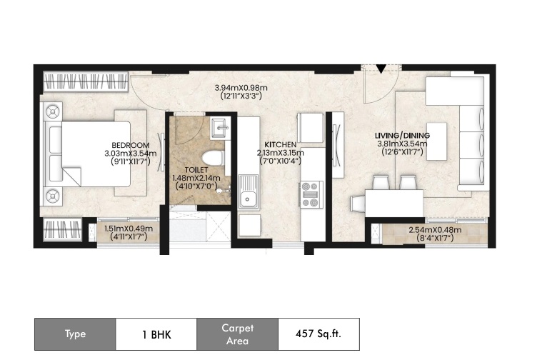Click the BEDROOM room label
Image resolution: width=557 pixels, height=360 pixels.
click(x=131, y=145)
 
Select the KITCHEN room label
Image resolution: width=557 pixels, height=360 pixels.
click(x=280, y=144)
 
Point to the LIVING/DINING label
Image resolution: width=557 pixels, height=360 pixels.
click(x=403, y=136)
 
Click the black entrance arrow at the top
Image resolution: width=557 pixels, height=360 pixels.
click(x=381, y=69)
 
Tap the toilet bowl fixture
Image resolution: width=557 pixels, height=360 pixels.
click(x=212, y=158)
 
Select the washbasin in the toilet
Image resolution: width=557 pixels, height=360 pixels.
click(x=219, y=128)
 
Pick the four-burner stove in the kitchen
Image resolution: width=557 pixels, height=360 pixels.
click(x=311, y=194)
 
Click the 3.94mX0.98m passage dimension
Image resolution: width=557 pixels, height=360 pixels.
click(x=241, y=88)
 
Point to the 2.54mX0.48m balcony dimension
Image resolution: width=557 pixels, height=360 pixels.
click(x=435, y=230)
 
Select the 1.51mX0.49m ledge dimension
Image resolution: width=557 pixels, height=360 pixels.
click(x=129, y=229)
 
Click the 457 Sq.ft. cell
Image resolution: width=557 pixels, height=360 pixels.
click(x=318, y=334)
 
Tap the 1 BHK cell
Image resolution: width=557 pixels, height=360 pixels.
click(x=156, y=334)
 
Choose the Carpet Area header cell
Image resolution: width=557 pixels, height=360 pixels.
click(x=237, y=334)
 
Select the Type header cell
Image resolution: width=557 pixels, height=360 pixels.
click(x=75, y=334)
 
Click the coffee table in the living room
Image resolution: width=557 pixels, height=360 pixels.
click(x=436, y=141)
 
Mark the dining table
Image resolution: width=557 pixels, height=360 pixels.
click(x=394, y=204)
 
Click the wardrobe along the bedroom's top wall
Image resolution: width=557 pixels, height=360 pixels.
click(x=86, y=81)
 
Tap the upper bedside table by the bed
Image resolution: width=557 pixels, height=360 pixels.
click(x=53, y=111)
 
